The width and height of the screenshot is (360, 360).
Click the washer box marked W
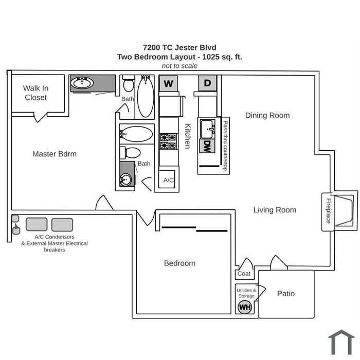[168, 83]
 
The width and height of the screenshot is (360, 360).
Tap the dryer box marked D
[208, 83]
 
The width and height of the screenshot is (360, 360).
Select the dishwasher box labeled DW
[207, 146]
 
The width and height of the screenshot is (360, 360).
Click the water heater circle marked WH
[245, 307]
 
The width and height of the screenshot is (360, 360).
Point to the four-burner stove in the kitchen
[168, 141]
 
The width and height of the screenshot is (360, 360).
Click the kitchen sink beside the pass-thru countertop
[207, 129]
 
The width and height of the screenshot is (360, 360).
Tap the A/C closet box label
[168, 180]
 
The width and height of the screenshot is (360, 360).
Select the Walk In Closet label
[36, 93]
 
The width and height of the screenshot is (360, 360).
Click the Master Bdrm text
[55, 154]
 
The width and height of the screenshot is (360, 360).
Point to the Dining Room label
[267, 115]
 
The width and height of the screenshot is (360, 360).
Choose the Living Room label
[275, 210]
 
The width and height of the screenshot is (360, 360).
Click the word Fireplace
[329, 211]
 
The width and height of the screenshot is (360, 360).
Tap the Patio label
[286, 294]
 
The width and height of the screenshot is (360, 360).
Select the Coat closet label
[244, 274]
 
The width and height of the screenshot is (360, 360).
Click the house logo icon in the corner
[341, 343]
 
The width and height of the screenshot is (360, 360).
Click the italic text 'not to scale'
[179, 66]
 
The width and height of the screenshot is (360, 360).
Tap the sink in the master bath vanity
[82, 83]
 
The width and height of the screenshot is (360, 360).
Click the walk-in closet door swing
[41, 117]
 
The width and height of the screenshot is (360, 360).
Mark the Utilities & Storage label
[246, 293]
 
